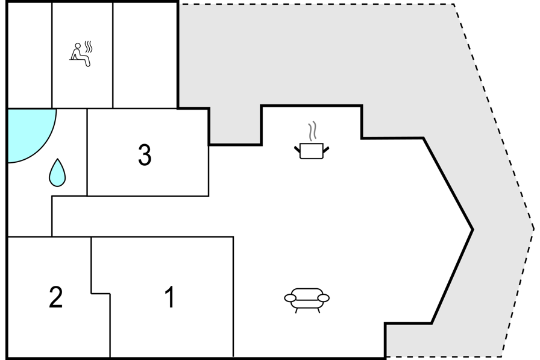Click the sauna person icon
(x=81, y=54)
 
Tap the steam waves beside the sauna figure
(x=89, y=47)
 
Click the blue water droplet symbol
(x=57, y=172)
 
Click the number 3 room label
(x=145, y=155)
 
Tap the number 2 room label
(x=56, y=297)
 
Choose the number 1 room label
(x=170, y=297)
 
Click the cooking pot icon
(x=312, y=151)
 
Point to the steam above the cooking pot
(x=312, y=131)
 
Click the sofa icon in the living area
(x=307, y=300)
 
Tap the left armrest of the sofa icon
(x=290, y=298)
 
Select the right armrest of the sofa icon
(x=324, y=298)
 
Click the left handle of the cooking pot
(x=297, y=150)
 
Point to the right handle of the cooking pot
(x=326, y=150)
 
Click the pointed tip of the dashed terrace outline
(x=533, y=229)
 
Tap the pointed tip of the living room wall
(x=473, y=229)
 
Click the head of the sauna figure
(x=78, y=45)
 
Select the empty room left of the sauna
(x=30, y=55)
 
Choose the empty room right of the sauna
(x=145, y=55)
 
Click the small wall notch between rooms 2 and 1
(x=101, y=294)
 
